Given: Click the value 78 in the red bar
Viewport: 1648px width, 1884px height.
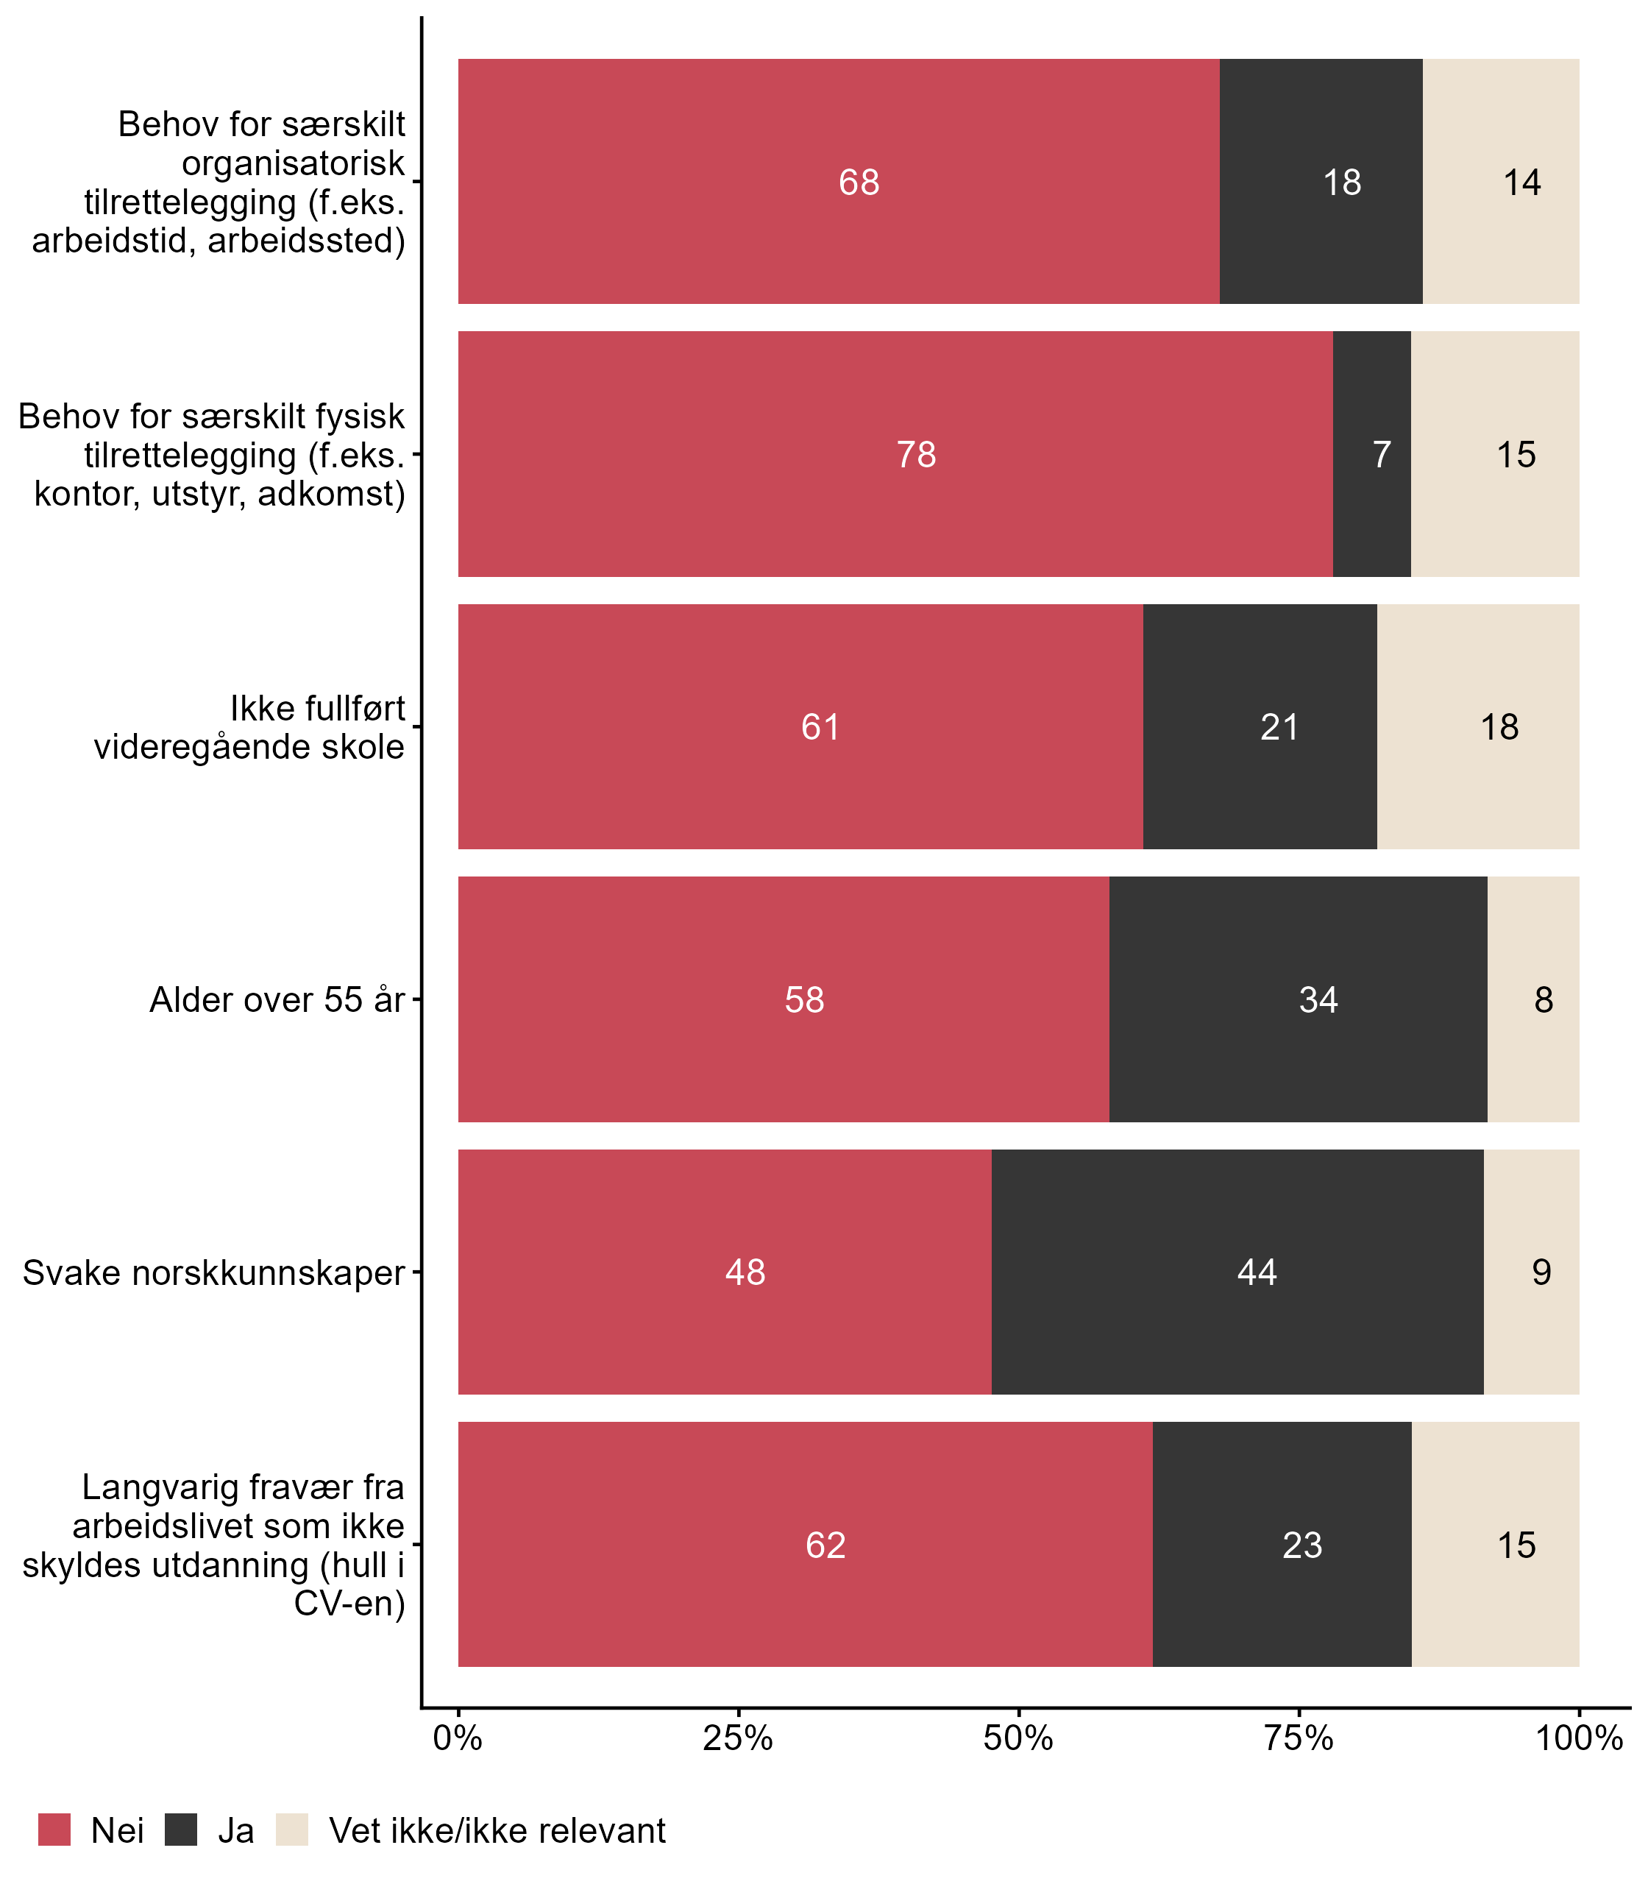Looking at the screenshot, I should (x=916, y=455).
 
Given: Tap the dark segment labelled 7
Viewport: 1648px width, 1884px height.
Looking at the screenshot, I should (x=1372, y=455).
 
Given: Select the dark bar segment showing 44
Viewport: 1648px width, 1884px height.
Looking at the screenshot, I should (x=1257, y=1272).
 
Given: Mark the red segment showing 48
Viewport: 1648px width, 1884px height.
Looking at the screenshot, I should (x=745, y=1272).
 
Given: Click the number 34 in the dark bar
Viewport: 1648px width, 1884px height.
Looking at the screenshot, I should (x=1318, y=1000).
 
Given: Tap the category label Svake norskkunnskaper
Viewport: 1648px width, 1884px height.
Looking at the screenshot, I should (x=213, y=1273).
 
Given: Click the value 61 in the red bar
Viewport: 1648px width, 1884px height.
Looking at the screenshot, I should (x=820, y=728).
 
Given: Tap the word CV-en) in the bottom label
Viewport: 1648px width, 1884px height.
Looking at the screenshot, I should (x=349, y=1604).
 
